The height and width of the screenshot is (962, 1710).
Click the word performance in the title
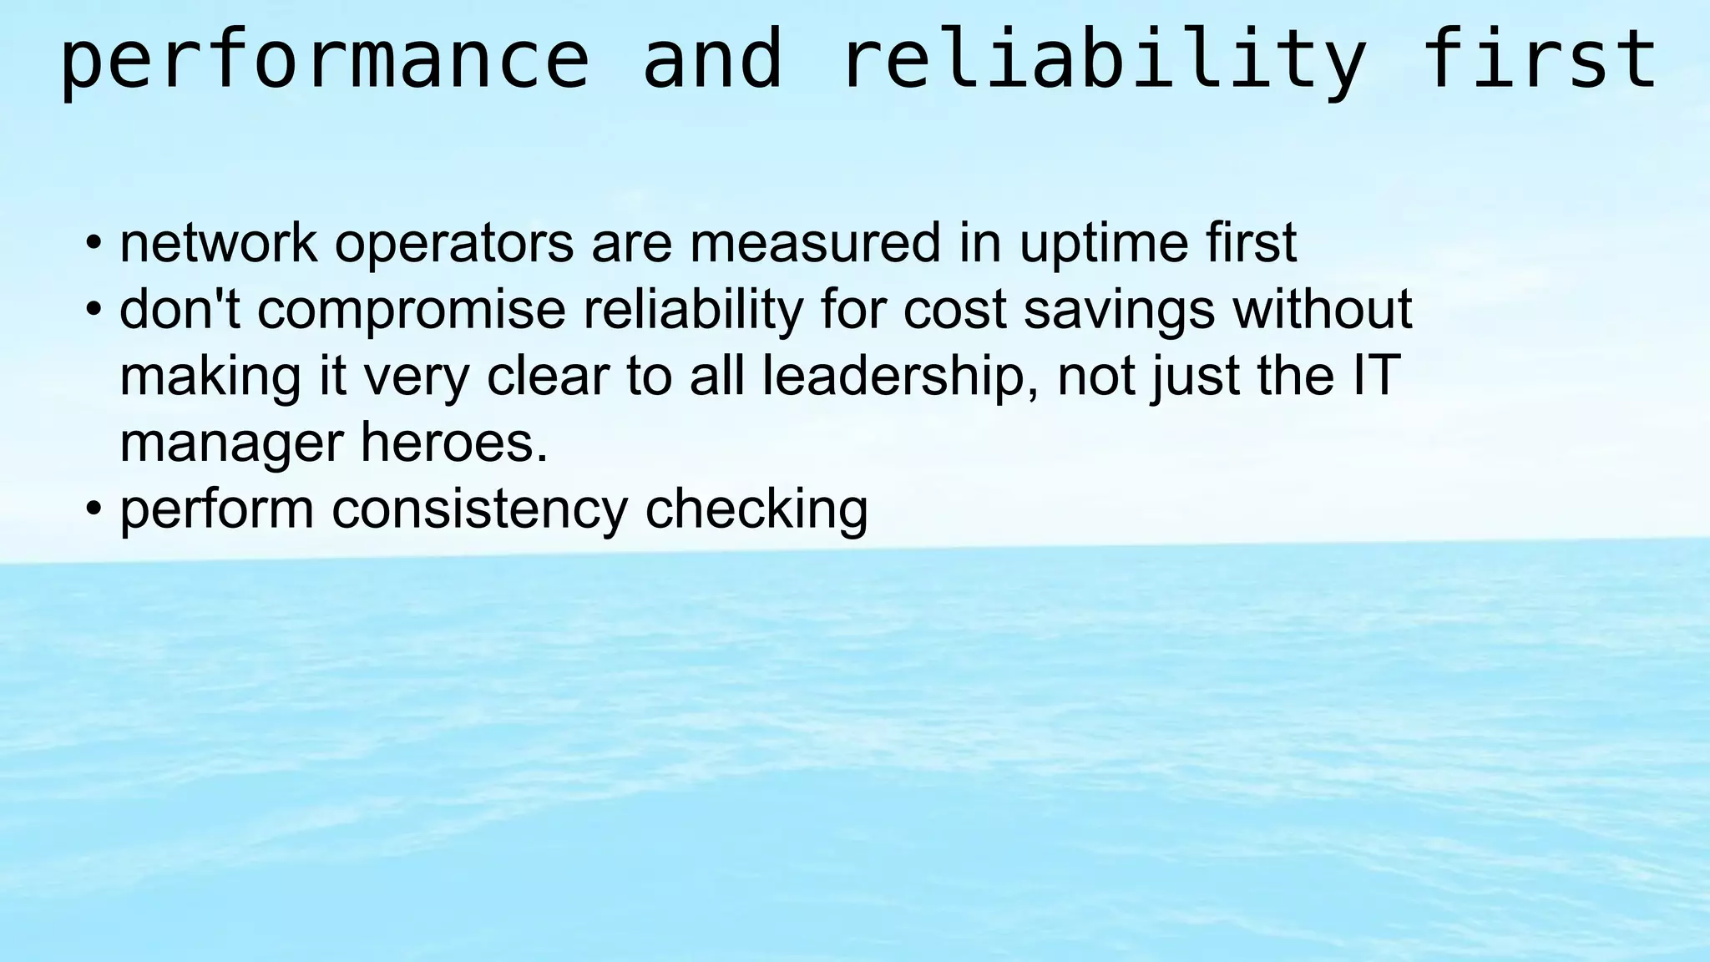pos(324,60)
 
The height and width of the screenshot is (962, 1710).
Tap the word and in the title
pos(712,60)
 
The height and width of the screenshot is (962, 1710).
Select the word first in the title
pos(1539,60)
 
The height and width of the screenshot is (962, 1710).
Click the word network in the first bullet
pos(218,242)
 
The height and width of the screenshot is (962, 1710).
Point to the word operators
pos(453,244)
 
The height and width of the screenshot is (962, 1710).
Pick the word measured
pos(815,242)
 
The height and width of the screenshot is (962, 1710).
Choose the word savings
pos(1119,311)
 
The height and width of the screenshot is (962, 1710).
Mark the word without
pos(1323,309)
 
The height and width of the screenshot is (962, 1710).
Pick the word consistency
pos(479,509)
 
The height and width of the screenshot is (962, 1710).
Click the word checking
pos(756,511)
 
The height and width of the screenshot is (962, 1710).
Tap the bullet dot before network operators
pos(94,244)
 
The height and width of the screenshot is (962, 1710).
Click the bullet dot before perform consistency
pos(94,509)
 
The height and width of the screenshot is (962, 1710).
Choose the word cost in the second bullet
pos(954,309)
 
